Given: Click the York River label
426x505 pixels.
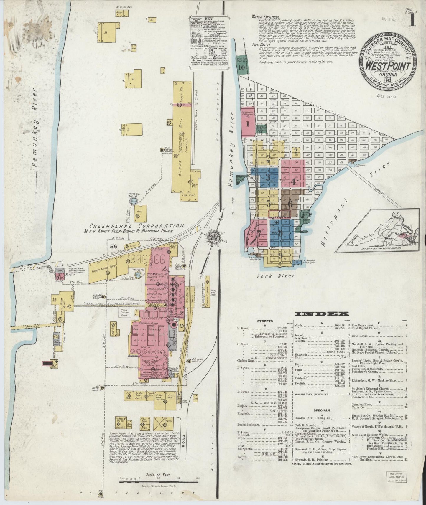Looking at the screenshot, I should [276, 276].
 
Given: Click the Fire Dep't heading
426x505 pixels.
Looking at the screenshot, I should [259, 44].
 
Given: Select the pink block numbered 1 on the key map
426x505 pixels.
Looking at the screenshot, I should [248, 124].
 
